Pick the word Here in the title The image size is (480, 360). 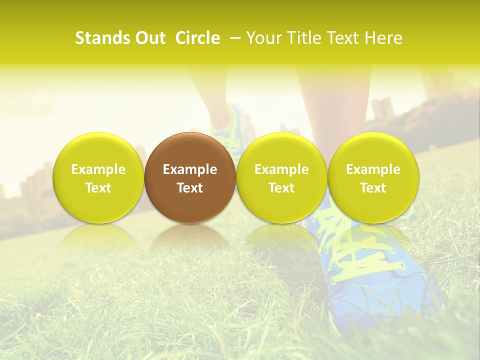tap(383, 38)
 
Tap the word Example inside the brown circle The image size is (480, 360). tap(190, 169)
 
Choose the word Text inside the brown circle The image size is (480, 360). tap(190, 188)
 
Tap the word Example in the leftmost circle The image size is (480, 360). tap(98, 169)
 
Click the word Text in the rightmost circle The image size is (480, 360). tap(373, 188)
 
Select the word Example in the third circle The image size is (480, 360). tap(281, 169)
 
